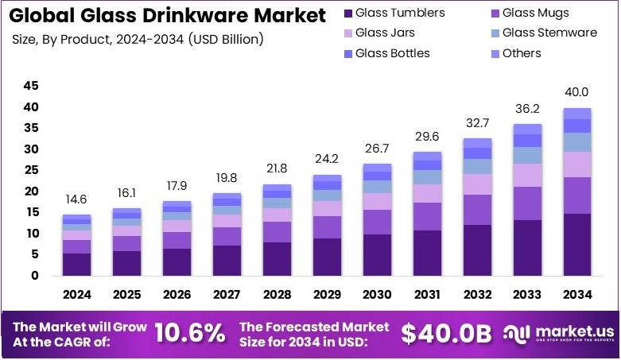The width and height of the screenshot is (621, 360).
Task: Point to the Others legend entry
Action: coord(521,53)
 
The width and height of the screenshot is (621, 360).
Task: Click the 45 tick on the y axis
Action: coord(31,86)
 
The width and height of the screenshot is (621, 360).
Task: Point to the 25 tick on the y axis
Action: coord(31,170)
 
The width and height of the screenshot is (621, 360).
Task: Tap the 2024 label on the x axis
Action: coord(77,294)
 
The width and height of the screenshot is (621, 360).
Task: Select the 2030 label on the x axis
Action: coord(377,294)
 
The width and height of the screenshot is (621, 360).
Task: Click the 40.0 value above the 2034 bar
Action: coord(577,91)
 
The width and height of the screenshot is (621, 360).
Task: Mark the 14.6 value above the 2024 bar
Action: coord(77,200)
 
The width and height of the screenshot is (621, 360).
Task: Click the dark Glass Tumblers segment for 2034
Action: coord(577,244)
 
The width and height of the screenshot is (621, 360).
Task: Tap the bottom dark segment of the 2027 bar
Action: coord(227,260)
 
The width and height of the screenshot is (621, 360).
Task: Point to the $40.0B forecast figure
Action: coord(446,334)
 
